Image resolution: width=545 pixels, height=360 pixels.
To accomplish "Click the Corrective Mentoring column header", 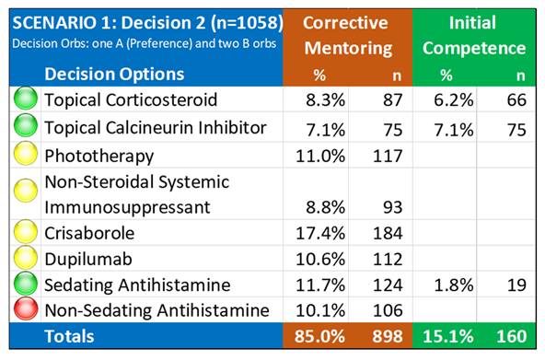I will pos(346,35).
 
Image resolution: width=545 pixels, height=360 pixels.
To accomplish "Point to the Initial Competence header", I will pos(474,35).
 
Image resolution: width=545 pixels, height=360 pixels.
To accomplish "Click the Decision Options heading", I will pos(116,74).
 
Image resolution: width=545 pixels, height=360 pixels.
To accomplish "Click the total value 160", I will pos(509,337).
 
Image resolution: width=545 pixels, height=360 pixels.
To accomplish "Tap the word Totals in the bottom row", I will pos(72,337).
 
